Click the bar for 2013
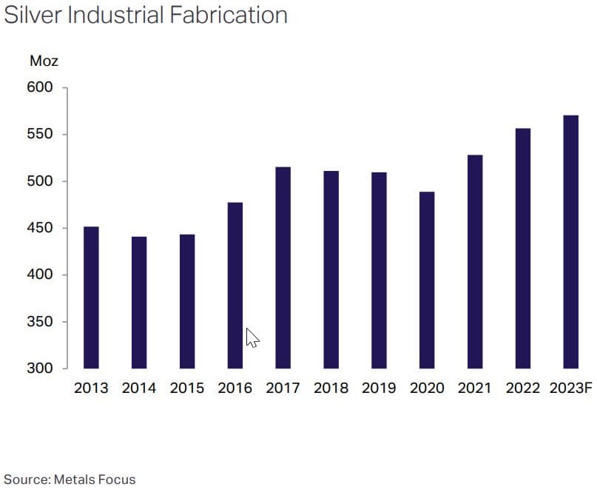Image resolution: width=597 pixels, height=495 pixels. [91, 297]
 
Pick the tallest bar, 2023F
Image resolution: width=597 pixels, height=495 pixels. [570, 242]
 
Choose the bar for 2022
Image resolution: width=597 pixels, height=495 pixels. [522, 249]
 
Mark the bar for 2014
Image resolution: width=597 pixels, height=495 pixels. [139, 303]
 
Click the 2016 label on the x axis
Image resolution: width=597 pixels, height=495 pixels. [235, 388]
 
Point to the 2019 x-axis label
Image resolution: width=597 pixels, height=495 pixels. [379, 388]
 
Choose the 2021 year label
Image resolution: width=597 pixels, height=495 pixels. [474, 388]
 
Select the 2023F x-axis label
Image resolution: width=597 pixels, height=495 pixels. [571, 388]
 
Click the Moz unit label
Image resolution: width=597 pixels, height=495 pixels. [44, 61]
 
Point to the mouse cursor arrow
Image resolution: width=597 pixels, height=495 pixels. [252, 338]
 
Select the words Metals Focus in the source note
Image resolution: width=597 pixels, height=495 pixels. [94, 479]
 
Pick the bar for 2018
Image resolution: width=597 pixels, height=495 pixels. [331, 269]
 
